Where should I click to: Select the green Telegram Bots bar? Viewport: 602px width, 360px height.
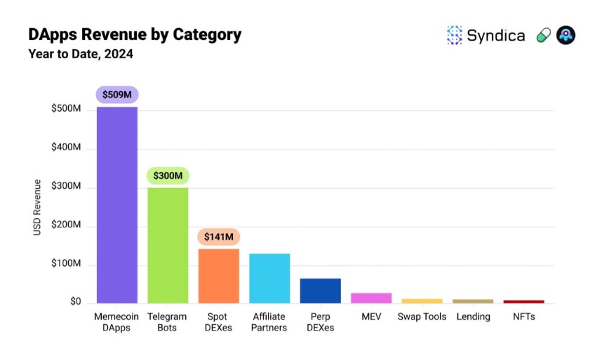point(168,245)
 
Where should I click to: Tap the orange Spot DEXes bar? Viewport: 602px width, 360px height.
point(218,276)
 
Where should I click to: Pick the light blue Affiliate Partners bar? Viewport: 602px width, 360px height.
point(269,278)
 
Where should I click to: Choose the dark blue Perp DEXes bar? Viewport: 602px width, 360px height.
point(320,291)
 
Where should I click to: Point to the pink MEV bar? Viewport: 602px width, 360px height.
point(371,298)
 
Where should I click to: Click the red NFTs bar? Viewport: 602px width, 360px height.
point(523,302)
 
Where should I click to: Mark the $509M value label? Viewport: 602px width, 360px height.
point(116,94)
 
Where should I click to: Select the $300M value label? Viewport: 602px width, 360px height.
point(168,175)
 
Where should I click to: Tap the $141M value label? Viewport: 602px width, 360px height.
point(218,237)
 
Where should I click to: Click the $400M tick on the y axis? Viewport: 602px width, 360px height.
point(66,148)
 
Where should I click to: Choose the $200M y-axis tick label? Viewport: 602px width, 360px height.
point(66,225)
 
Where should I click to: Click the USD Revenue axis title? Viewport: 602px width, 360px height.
point(37,207)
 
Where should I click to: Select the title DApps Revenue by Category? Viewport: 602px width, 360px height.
point(134,34)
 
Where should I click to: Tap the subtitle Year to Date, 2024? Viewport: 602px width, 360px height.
point(80,53)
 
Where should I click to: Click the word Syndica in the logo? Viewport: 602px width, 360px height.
point(496,36)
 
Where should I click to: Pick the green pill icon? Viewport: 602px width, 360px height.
point(543,36)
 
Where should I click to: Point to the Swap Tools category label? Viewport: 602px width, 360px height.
point(422,316)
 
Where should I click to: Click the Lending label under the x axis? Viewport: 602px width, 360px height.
point(473,316)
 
